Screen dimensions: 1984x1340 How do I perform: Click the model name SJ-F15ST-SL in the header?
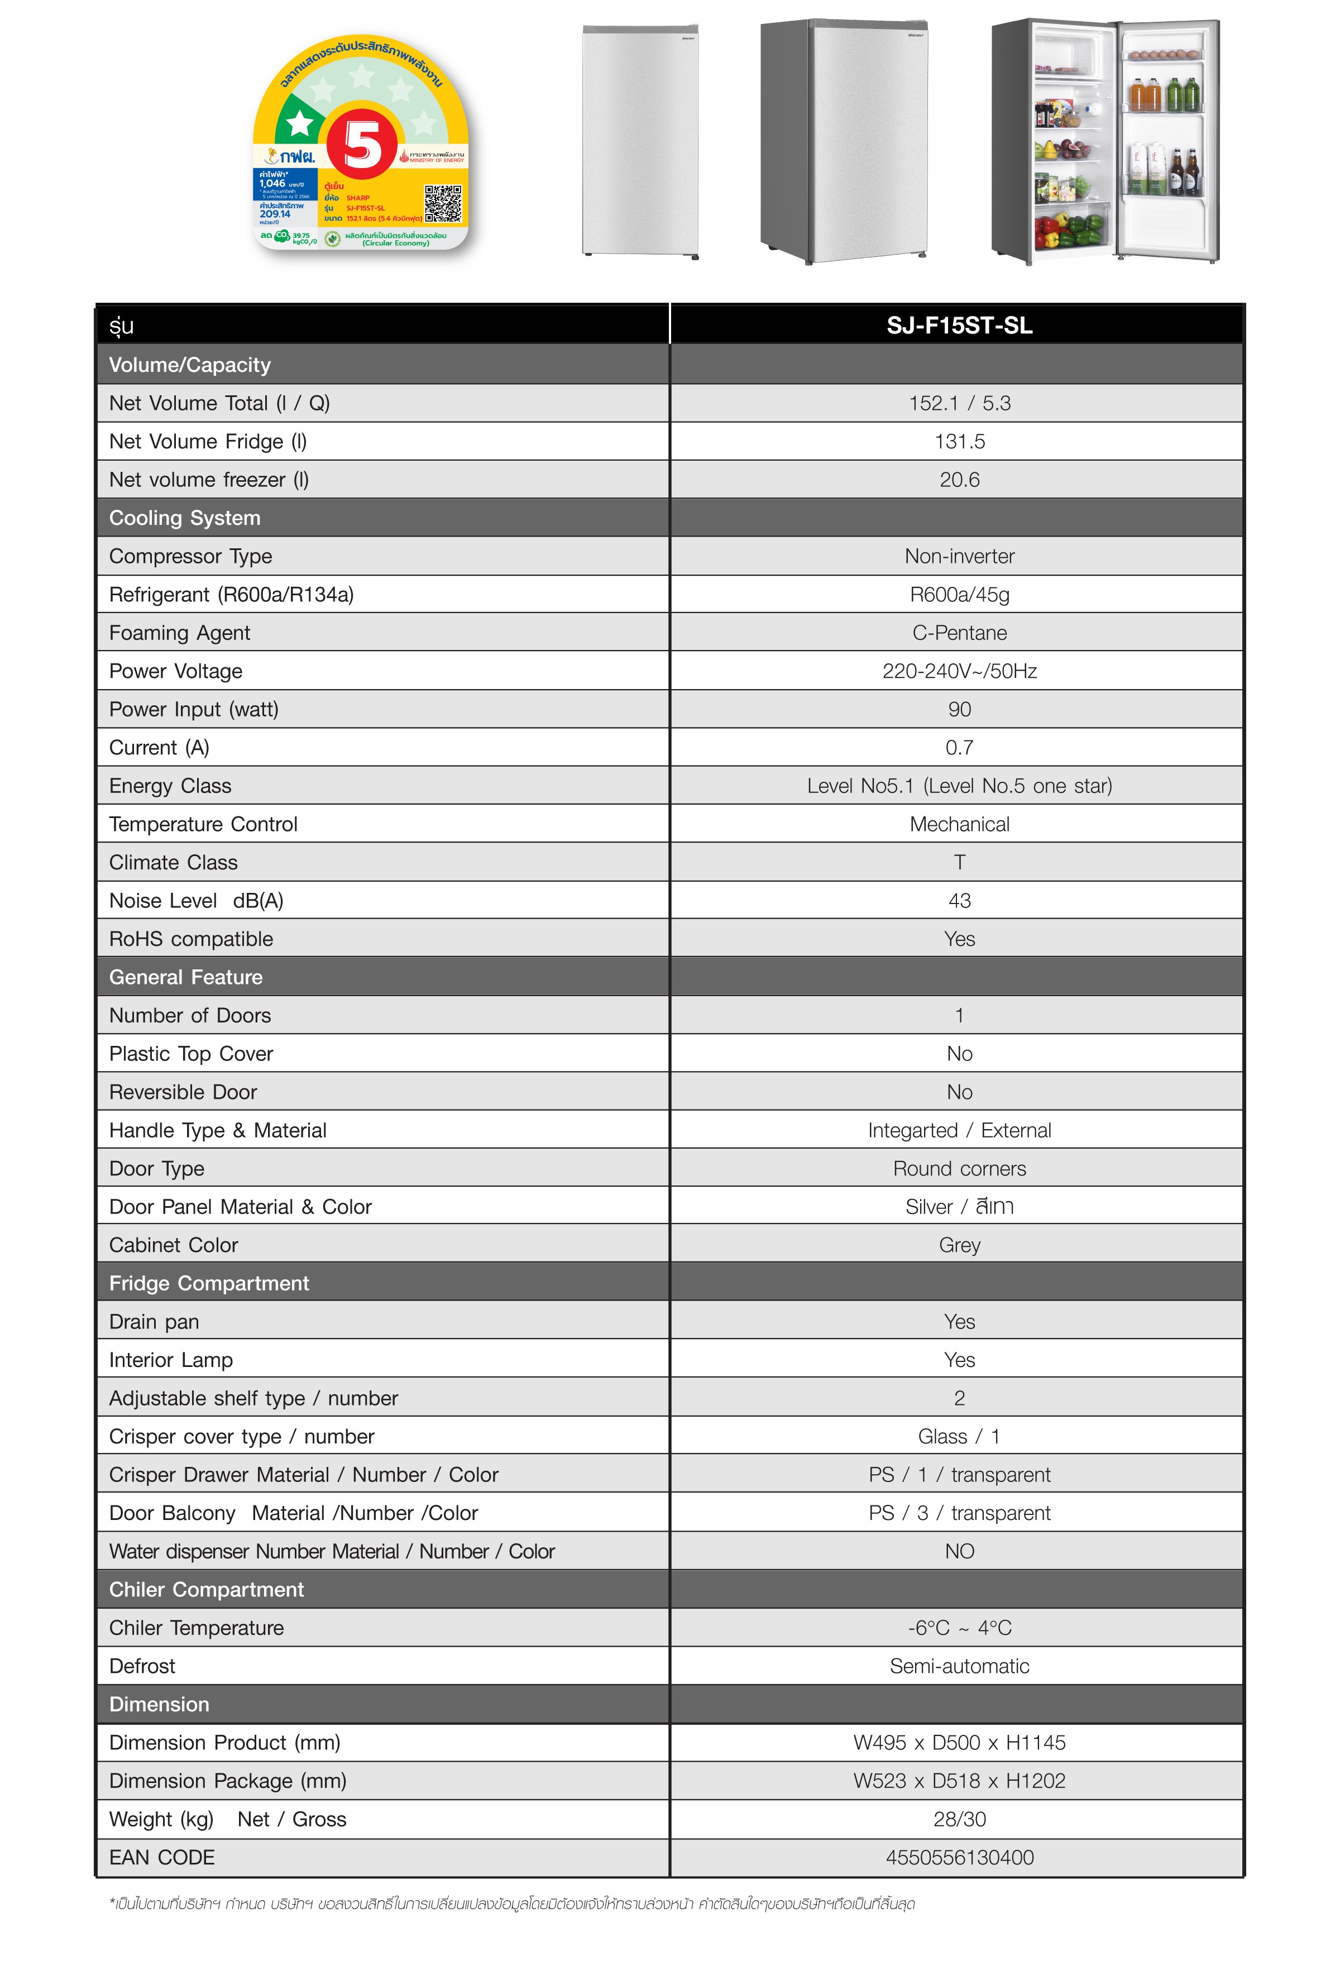pyautogui.click(x=959, y=325)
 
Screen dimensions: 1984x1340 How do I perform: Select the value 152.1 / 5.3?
pyautogui.click(x=959, y=403)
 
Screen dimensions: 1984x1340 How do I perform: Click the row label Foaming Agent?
pyautogui.click(x=179, y=633)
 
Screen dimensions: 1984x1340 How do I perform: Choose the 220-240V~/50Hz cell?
pyautogui.click(x=959, y=672)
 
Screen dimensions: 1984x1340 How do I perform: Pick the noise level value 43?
pyautogui.click(x=959, y=901)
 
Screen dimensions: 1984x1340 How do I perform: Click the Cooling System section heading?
pyautogui.click(x=184, y=518)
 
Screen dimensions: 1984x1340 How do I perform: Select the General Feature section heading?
pyautogui.click(x=185, y=978)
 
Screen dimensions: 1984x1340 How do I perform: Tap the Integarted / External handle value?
pyautogui.click(x=959, y=1130)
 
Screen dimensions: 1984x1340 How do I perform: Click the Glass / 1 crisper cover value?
pyautogui.click(x=959, y=1437)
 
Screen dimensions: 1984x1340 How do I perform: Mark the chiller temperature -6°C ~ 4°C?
pyautogui.click(x=959, y=1628)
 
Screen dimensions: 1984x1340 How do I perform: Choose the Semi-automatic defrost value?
pyautogui.click(x=959, y=1666)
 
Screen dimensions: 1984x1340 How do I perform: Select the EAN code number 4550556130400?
pyautogui.click(x=959, y=1858)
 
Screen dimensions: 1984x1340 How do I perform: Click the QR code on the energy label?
pyautogui.click(x=443, y=204)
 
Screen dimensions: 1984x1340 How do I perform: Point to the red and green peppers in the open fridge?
pyautogui.click(x=1069, y=230)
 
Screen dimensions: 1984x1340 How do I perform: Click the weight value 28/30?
pyautogui.click(x=959, y=1819)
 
